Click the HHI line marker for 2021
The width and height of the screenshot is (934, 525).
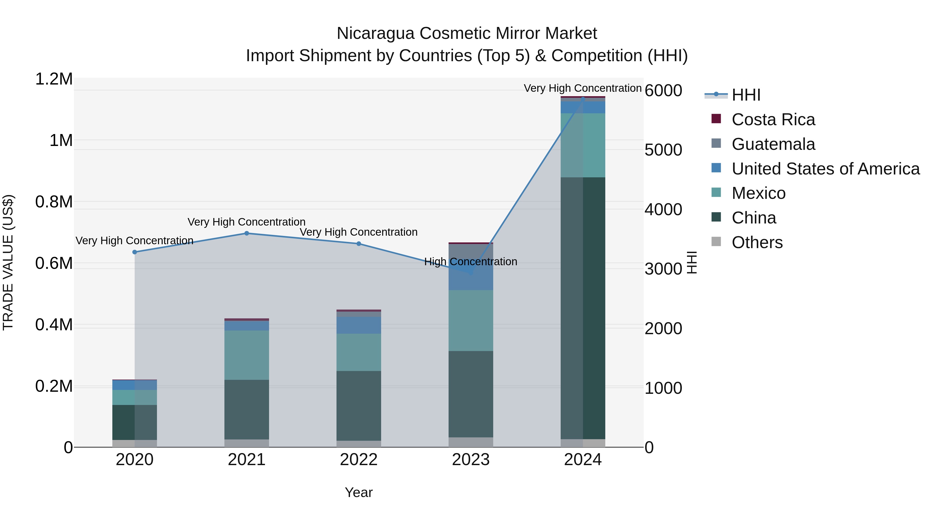coord(246,233)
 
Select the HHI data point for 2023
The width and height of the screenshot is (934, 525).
coord(471,272)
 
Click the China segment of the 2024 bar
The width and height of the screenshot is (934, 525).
coord(583,308)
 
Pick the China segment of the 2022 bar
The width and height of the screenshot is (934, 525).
coord(359,406)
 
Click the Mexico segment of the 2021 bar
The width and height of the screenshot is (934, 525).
coord(246,355)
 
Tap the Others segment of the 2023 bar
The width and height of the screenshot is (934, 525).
coord(471,442)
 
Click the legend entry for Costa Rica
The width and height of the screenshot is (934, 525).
coord(773,120)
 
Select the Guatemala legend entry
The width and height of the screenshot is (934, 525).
coord(773,144)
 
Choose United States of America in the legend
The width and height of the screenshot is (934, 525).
coord(825,169)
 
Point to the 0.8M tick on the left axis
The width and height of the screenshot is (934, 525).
coord(54,202)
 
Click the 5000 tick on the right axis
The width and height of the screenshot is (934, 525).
coord(663,150)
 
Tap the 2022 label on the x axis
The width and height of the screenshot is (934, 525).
coord(359,460)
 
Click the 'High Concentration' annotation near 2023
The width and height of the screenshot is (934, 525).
coord(471,262)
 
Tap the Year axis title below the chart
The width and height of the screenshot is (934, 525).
coord(359,492)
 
